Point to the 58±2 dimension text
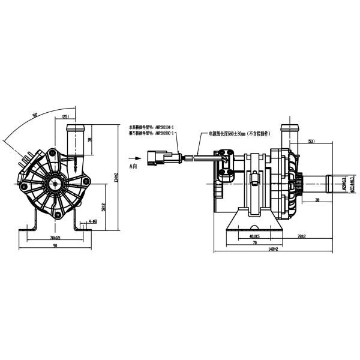(104, 208)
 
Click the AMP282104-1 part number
(165, 128)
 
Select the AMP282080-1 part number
(165, 134)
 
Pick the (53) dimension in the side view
(311, 142)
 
